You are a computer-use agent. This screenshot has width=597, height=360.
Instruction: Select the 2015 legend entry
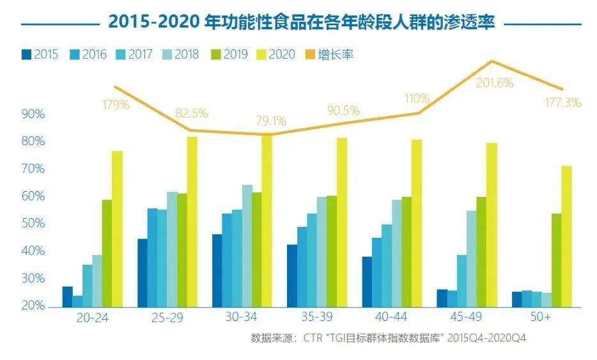coord(39,54)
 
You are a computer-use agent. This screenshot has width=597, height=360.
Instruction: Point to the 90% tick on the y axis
coord(33,114)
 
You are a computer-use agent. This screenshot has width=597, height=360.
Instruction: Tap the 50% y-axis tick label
coord(33,224)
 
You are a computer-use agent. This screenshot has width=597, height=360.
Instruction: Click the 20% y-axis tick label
coord(33,306)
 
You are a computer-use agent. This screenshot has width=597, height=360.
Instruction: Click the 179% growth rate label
coord(115,105)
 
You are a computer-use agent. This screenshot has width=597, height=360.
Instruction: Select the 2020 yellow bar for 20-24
coord(118,229)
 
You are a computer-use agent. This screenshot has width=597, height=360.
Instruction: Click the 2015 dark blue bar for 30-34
coord(217,270)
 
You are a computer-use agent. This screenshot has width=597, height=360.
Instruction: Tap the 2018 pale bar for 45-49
coord(471,258)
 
